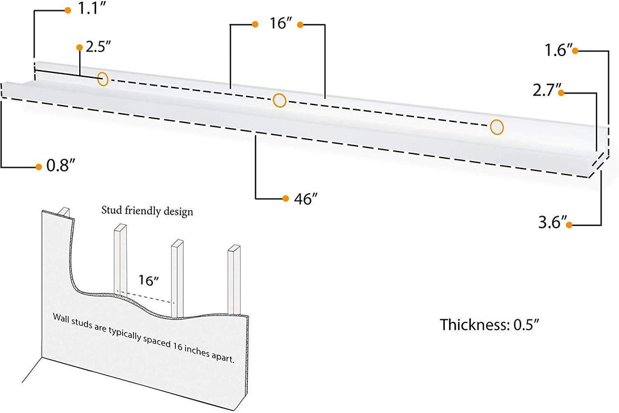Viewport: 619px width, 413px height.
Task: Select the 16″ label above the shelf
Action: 282,25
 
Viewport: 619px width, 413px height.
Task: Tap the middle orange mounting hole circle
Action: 279,100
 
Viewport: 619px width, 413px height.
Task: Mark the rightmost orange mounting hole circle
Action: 497,127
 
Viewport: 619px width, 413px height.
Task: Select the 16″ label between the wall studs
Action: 148,280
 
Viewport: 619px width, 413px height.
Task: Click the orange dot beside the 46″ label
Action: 285,198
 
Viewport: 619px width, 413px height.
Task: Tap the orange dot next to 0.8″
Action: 38,165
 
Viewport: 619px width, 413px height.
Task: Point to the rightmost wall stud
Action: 233,281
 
